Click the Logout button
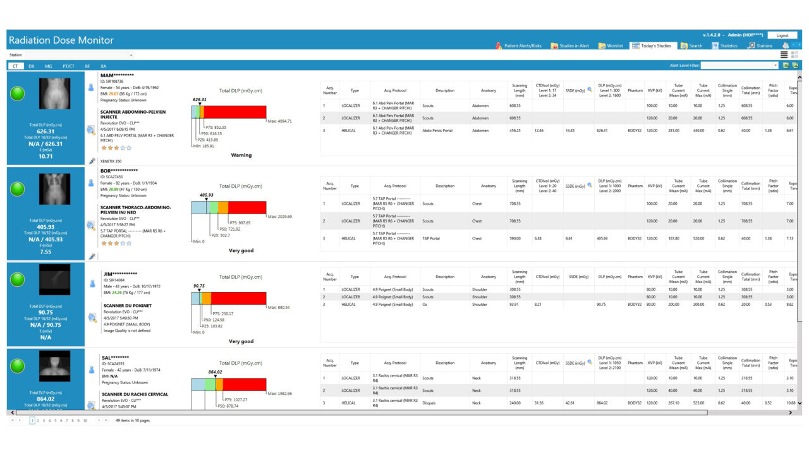click(782, 35)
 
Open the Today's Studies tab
click(652, 46)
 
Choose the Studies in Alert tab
click(570, 46)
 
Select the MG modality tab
click(49, 66)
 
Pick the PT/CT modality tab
click(68, 66)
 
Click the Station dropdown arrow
click(131, 55)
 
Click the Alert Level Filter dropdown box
click(739, 65)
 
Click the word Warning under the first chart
click(241, 155)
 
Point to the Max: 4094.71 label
click(280, 121)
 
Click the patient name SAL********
click(117, 358)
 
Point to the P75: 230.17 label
click(223, 313)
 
